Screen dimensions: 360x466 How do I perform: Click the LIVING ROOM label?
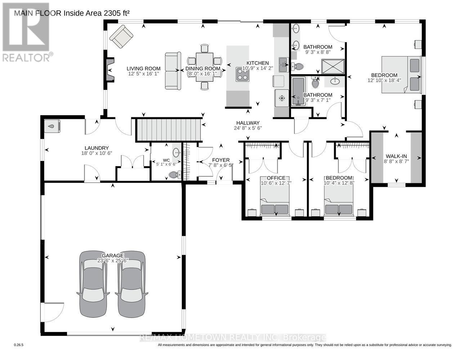pyautogui.click(x=143, y=68)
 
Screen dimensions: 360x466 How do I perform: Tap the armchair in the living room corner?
pyautogui.click(x=121, y=37)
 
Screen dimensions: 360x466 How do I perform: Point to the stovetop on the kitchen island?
pyautogui.click(x=242, y=75)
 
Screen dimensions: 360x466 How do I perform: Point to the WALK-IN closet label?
pyautogui.click(x=396, y=156)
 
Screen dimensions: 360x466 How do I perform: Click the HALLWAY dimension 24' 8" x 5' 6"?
pyautogui.click(x=248, y=128)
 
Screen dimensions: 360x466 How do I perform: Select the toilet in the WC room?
pyautogui.click(x=173, y=175)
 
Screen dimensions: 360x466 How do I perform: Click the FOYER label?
pyautogui.click(x=220, y=160)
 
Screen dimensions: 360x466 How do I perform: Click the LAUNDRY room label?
pyautogui.click(x=97, y=148)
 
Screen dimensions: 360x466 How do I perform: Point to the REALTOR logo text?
pyautogui.click(x=27, y=57)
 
